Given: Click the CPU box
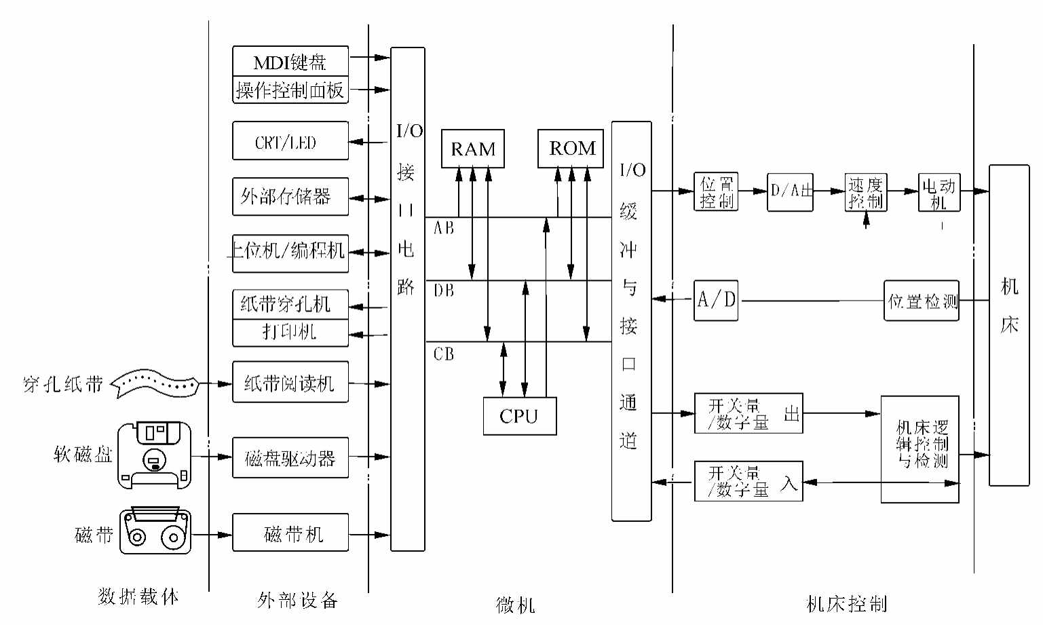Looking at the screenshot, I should tap(519, 416).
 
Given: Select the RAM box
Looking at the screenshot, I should tap(473, 149).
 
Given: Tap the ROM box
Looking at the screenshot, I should tap(571, 148).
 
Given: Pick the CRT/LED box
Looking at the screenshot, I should tap(290, 141).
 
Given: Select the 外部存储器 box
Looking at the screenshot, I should tap(290, 197).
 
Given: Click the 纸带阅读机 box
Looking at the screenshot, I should tap(290, 383).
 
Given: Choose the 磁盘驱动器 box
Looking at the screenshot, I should tap(290, 458).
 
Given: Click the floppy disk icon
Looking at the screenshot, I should tap(154, 455).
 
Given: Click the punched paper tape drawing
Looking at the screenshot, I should tap(154, 383).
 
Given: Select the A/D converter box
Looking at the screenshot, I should tap(716, 300).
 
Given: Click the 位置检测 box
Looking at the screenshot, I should tap(921, 301).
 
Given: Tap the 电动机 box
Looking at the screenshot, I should tap(939, 193).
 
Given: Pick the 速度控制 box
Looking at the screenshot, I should tap(865, 193).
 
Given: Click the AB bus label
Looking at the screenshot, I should tap(444, 228).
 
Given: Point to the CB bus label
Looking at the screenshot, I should tap(444, 354).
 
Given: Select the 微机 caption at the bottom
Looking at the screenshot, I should tap(516, 604).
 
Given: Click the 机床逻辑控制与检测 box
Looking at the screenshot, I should tap(919, 449).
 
